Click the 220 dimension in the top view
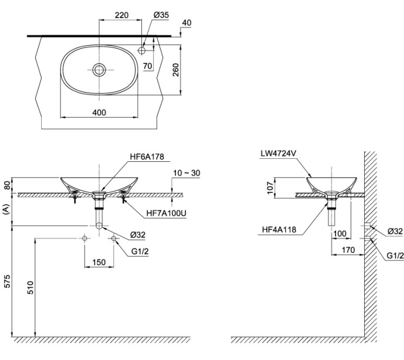pos(121,15)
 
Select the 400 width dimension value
pos(99,113)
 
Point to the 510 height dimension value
pos(30,287)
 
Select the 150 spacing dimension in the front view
pos(99,262)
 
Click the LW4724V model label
pos(279,154)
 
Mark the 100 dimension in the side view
pos(339,233)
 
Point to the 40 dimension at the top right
pos(187,23)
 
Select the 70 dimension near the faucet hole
pos(147,66)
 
